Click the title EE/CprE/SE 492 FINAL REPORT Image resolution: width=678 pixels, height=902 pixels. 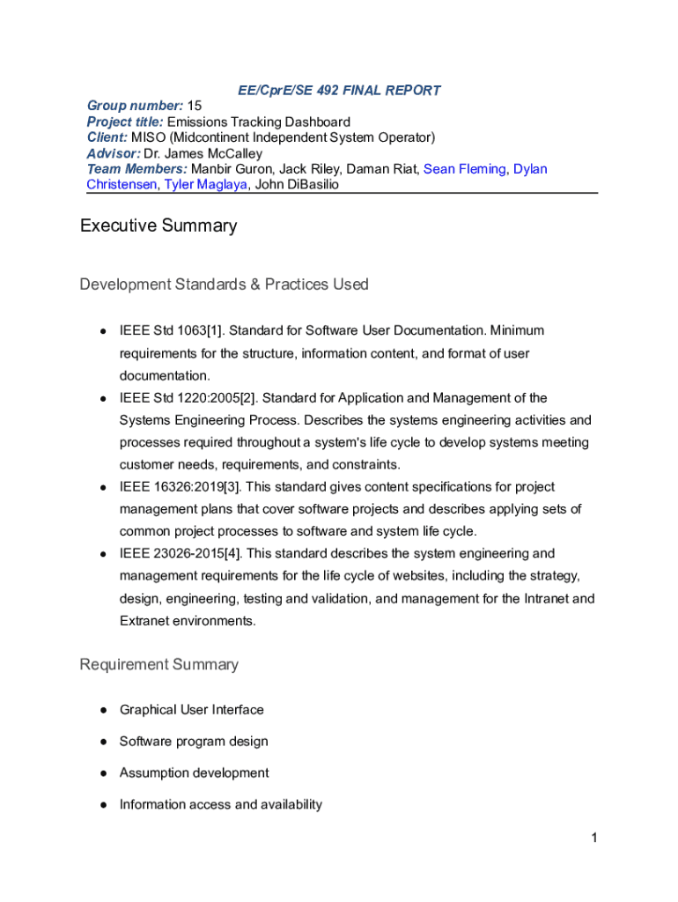coord(339,90)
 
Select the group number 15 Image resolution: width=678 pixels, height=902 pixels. coord(195,106)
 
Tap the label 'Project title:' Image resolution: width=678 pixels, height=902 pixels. coord(124,122)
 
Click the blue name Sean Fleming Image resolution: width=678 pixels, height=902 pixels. coord(464,169)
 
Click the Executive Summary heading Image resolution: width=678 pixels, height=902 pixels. coord(158,225)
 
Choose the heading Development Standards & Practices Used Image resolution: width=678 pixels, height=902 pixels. coord(224,285)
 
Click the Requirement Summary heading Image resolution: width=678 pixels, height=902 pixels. coord(158,664)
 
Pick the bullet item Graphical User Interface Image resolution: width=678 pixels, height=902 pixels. coord(191,710)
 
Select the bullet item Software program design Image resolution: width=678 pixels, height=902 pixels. coord(194,742)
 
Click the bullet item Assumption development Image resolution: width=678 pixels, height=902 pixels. coord(194,773)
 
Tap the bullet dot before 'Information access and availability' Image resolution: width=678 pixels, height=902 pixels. coord(103,805)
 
